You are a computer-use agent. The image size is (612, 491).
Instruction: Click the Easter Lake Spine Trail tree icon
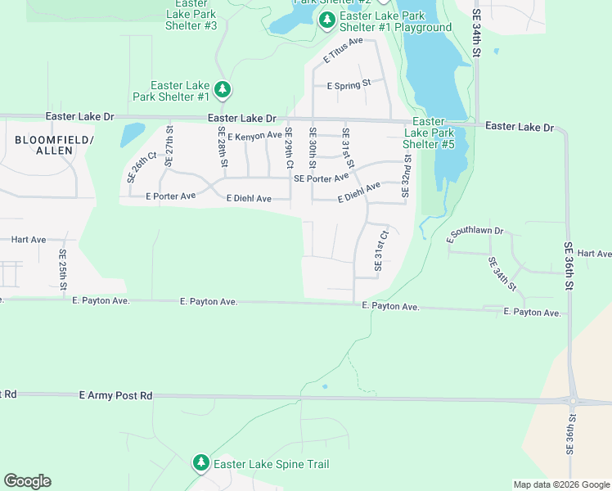(x=201, y=464)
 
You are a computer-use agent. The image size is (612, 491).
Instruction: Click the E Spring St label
(x=349, y=84)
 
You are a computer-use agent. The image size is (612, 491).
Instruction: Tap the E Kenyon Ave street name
(x=254, y=136)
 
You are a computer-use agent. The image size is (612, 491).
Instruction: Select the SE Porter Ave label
(x=321, y=177)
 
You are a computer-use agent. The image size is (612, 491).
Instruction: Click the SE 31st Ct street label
(x=380, y=251)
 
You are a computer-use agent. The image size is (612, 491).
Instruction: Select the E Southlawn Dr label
(x=475, y=235)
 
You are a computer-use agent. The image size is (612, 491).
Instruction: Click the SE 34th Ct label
(x=502, y=273)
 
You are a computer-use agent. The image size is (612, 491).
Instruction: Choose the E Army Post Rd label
(x=116, y=395)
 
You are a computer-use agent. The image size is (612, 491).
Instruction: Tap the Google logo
(x=27, y=481)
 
